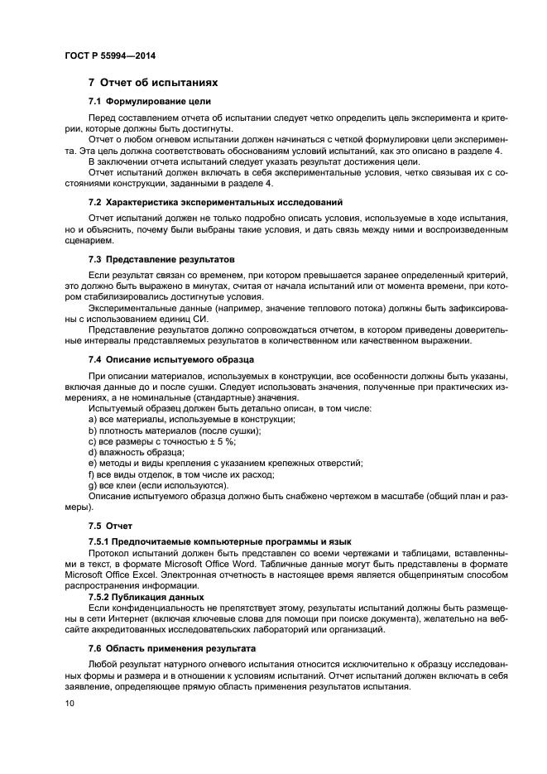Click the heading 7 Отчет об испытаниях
click(153, 83)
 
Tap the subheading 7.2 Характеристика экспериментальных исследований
click(216, 202)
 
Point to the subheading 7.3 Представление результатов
click(161, 259)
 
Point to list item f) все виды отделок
click(180, 474)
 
